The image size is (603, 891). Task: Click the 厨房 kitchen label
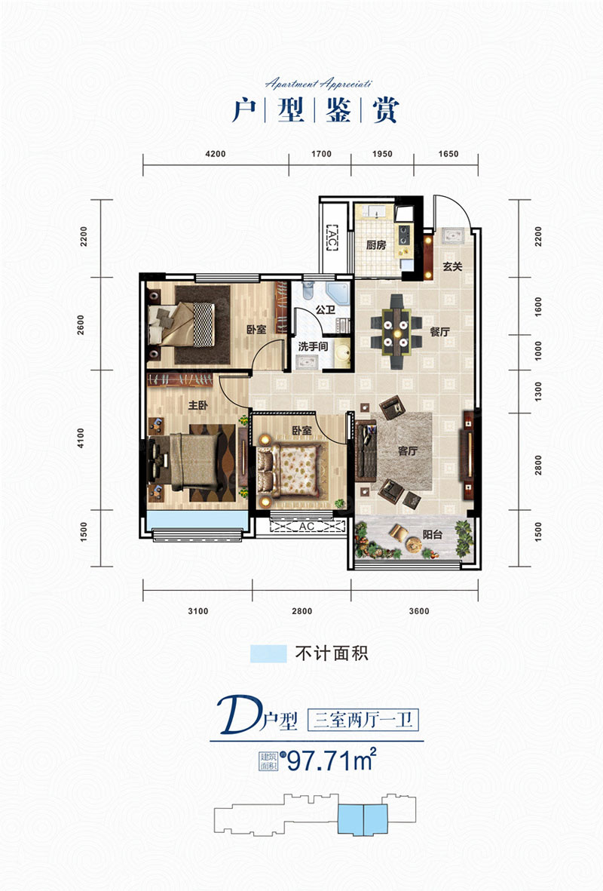pyautogui.click(x=376, y=245)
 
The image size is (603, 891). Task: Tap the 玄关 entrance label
pyautogui.click(x=452, y=266)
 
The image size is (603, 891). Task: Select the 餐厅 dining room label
pyautogui.click(x=439, y=332)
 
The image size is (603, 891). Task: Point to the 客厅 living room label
pyautogui.click(x=407, y=450)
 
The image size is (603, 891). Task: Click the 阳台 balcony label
pyautogui.click(x=433, y=534)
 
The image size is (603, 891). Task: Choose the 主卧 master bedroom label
pyautogui.click(x=197, y=405)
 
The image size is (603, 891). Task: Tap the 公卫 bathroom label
pyautogui.click(x=326, y=310)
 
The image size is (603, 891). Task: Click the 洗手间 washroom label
pyautogui.click(x=314, y=346)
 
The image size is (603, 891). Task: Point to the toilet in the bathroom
pyautogui.click(x=308, y=290)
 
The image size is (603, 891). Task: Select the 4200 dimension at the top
pyautogui.click(x=216, y=153)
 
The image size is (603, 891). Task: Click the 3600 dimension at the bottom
pyautogui.click(x=419, y=611)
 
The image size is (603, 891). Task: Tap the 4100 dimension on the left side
pyautogui.click(x=81, y=438)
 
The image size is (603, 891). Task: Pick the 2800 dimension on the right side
pyautogui.click(x=537, y=465)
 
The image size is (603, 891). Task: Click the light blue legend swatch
pyautogui.click(x=268, y=653)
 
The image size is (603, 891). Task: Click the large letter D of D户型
pyautogui.click(x=238, y=717)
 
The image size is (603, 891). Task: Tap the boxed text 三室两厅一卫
pyautogui.click(x=363, y=720)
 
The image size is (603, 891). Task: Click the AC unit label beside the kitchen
pyautogui.click(x=332, y=238)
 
